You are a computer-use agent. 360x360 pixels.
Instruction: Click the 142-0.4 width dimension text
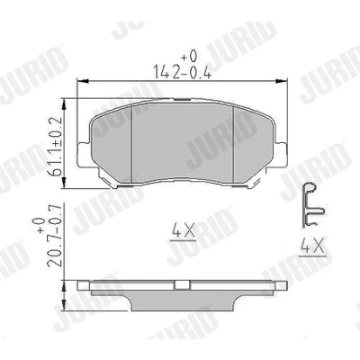coord(182,72)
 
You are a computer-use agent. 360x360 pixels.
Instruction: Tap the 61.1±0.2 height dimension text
coord(55,147)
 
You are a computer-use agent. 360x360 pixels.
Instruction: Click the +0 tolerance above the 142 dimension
coord(189,56)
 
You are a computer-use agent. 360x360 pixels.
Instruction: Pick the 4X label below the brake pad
coord(183,231)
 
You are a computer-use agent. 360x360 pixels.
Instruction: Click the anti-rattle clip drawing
coord(311,205)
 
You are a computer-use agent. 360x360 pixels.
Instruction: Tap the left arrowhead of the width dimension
coord(83,81)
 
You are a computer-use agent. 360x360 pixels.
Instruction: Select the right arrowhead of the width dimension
coord(282,81)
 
